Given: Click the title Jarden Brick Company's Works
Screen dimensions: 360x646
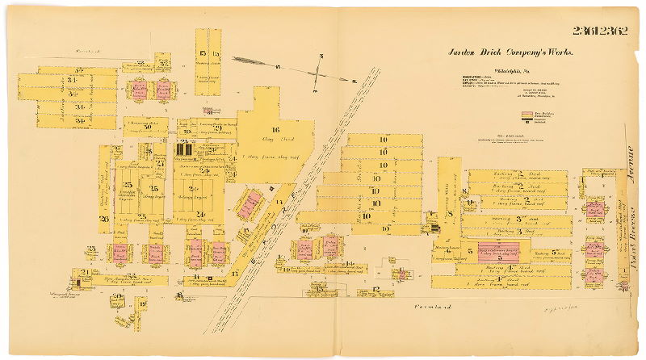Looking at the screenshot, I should [x=510, y=52].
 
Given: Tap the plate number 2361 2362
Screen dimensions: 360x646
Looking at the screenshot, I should [x=601, y=31].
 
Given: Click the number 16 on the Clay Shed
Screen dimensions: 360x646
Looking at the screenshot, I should [x=275, y=129].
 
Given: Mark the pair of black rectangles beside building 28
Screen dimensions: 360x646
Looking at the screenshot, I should [x=184, y=149].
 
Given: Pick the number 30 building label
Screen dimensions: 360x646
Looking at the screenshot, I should [x=148, y=126].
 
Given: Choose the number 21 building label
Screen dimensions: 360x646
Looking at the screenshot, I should [x=86, y=272].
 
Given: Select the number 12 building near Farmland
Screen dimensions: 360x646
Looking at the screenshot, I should [x=378, y=289].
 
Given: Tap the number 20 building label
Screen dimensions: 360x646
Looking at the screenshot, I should [x=119, y=297].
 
